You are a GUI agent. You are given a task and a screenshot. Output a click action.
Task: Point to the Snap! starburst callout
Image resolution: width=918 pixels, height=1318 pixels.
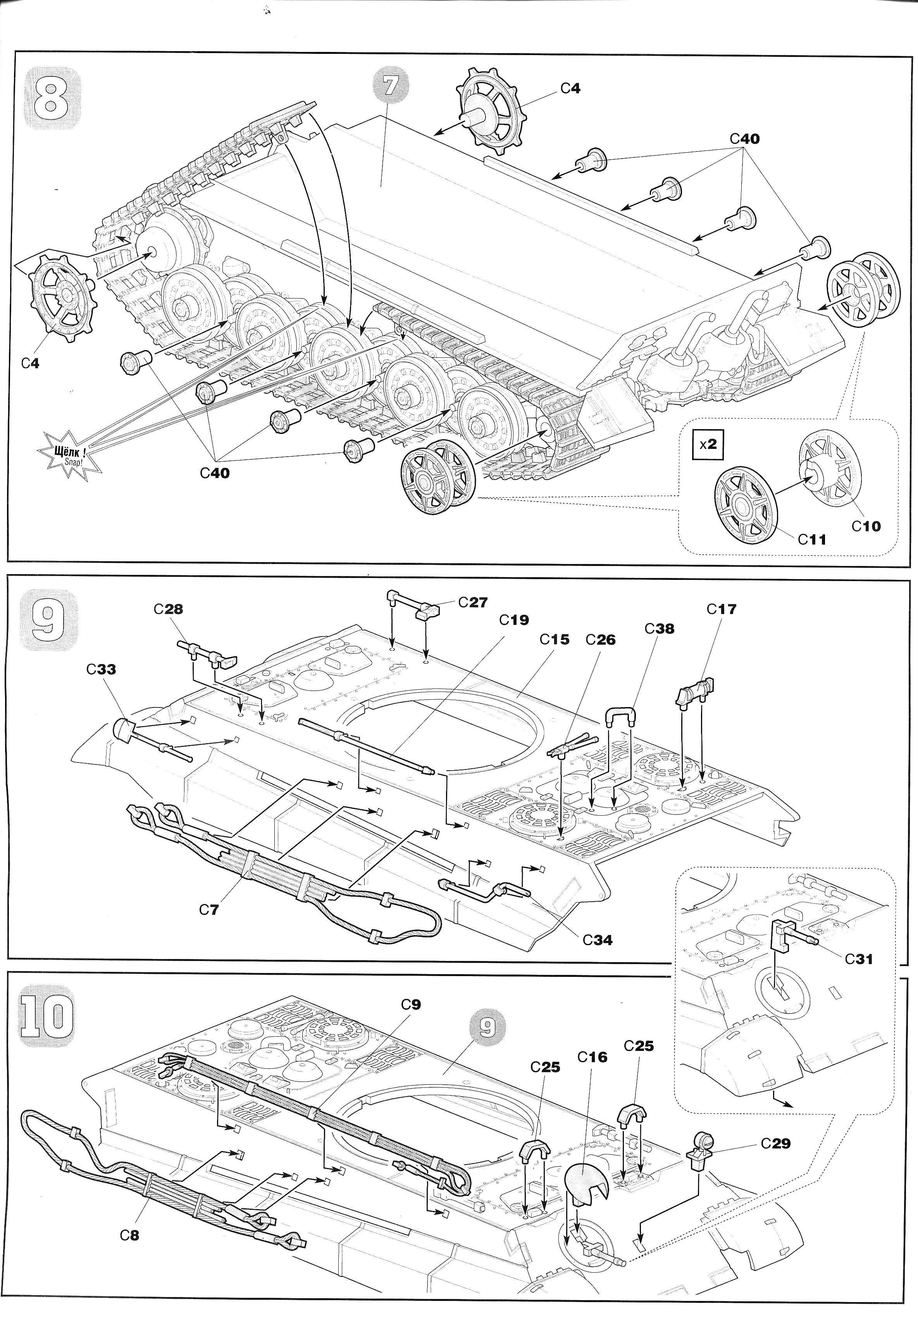[x=69, y=456]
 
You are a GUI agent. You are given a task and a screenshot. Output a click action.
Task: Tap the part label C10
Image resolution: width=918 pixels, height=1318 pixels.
[x=866, y=525]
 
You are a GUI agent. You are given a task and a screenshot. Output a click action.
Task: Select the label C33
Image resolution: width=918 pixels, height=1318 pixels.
[x=102, y=669]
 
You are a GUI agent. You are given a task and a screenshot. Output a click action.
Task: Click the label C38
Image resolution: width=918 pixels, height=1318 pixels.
[x=659, y=629]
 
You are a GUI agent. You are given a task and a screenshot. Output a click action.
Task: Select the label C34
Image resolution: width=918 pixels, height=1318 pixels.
[x=597, y=940]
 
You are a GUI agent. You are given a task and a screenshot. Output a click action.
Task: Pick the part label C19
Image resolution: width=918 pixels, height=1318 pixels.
[x=513, y=620]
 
